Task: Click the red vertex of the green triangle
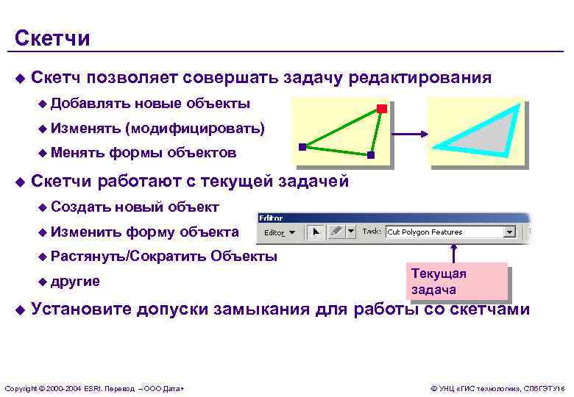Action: [x=381, y=110]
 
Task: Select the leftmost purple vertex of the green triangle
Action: [x=302, y=147]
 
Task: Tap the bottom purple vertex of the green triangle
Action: [x=370, y=156]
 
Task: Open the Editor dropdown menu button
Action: [x=279, y=232]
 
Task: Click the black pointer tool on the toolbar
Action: [x=316, y=232]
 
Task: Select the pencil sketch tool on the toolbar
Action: [x=336, y=232]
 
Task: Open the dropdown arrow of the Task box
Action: [x=509, y=232]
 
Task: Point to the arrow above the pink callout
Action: [x=454, y=251]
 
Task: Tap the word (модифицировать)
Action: [x=194, y=129]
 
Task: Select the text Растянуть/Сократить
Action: [x=129, y=257]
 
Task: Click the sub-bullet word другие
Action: [x=75, y=282]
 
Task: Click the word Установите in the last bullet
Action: [x=81, y=309]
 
